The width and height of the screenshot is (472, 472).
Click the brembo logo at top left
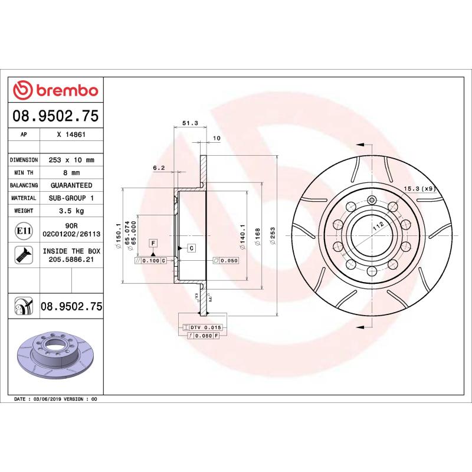[x=55, y=90]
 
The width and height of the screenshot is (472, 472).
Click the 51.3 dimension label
[x=189, y=123]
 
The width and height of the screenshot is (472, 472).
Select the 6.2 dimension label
[x=158, y=168]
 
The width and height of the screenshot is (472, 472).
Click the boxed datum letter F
[x=153, y=242]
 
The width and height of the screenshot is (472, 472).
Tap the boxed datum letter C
[x=191, y=248]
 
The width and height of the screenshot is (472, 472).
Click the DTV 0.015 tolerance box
[x=204, y=326]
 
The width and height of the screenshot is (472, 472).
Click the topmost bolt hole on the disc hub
[x=371, y=199]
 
